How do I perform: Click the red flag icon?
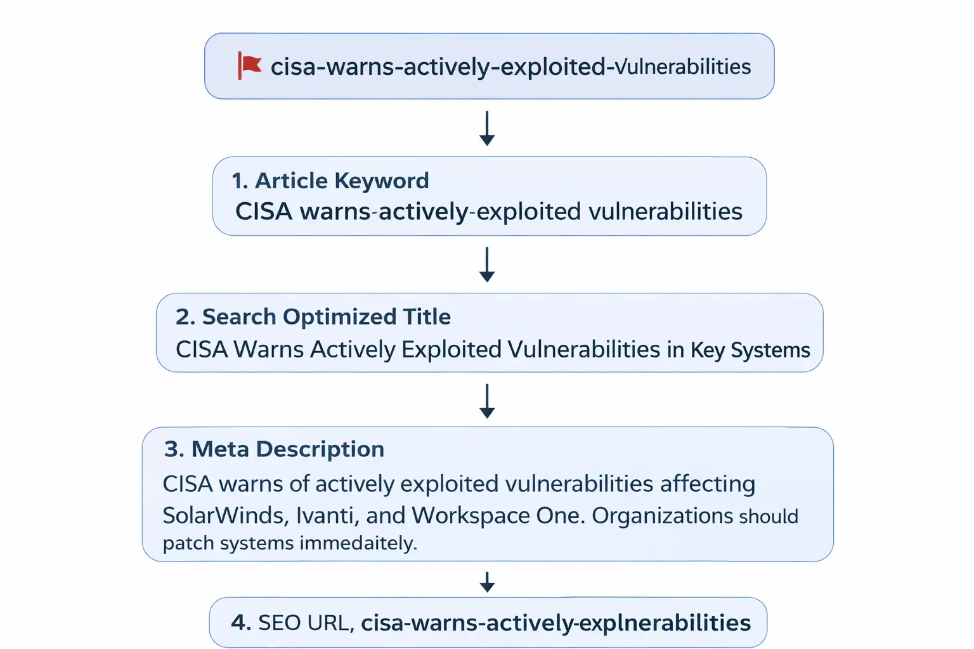(x=249, y=65)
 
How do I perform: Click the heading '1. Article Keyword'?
(x=330, y=181)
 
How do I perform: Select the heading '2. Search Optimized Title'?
(x=313, y=316)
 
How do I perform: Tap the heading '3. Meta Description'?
(x=274, y=449)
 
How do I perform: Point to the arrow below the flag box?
(x=487, y=128)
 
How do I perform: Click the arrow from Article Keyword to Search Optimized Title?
(x=487, y=264)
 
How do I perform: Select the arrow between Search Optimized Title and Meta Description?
(x=487, y=401)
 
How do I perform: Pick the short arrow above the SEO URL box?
(x=487, y=581)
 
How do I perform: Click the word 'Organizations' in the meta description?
(x=662, y=515)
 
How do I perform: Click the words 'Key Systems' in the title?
(x=750, y=350)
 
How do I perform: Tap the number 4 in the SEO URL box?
(x=240, y=622)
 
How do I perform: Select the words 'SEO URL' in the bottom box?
(x=304, y=622)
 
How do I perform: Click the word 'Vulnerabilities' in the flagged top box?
(x=683, y=67)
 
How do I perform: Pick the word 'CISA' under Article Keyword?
(x=264, y=212)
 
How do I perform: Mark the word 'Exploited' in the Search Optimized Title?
(x=451, y=349)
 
